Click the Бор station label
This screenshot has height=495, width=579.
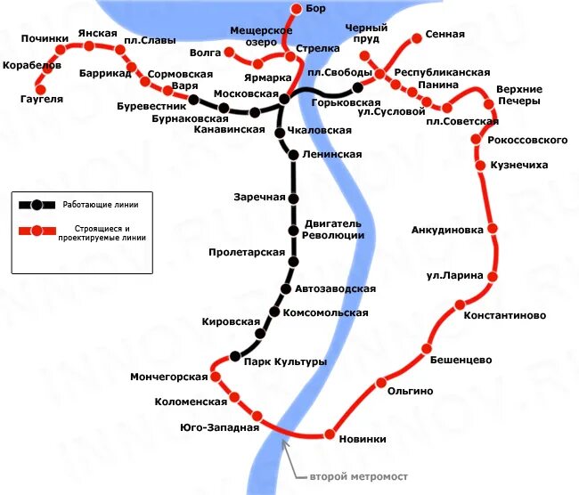click(315, 9)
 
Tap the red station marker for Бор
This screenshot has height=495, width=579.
click(296, 10)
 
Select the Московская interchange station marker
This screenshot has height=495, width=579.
click(284, 99)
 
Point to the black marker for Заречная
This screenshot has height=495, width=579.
click(293, 198)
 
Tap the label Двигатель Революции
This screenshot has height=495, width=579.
click(333, 229)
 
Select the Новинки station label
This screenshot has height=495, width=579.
click(363, 438)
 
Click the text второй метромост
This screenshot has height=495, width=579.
click(347, 476)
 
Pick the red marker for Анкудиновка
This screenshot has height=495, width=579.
click(492, 230)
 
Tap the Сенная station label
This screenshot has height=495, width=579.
click(444, 35)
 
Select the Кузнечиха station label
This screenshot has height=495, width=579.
click(525, 166)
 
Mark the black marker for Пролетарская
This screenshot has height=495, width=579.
click(293, 261)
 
